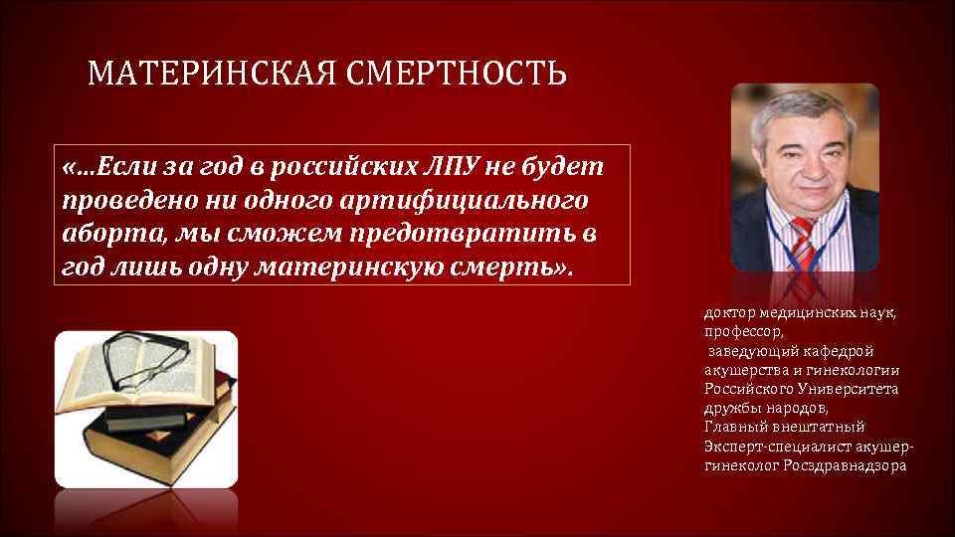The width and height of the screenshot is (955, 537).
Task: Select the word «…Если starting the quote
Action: click(99, 163)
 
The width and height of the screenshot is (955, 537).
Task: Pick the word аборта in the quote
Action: click(101, 235)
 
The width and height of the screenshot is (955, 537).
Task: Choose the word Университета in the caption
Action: click(849, 389)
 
